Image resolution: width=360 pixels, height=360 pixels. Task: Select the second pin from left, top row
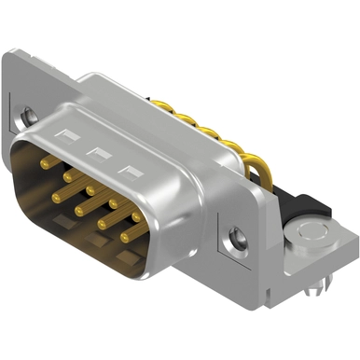click(68, 175)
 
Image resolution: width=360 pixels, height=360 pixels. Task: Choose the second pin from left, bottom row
click(78, 207)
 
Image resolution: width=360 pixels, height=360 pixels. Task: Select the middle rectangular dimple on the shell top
click(96, 152)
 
